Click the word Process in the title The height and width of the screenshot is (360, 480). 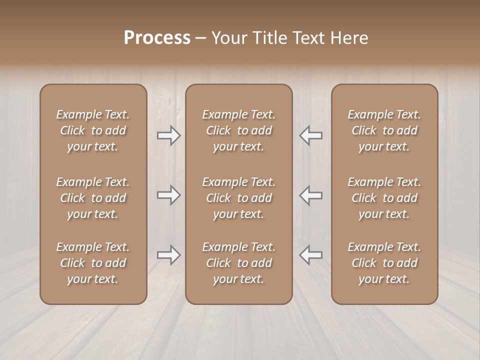pyautogui.click(x=157, y=38)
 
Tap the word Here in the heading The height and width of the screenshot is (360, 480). pyautogui.click(x=349, y=38)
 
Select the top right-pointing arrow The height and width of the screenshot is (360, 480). pyautogui.click(x=168, y=135)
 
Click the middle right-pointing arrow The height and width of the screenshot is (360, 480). pyautogui.click(x=168, y=195)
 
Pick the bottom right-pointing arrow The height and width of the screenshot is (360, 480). pyautogui.click(x=168, y=255)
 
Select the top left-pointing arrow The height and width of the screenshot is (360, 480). pyautogui.click(x=311, y=135)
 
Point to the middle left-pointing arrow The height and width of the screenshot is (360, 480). pyautogui.click(x=311, y=195)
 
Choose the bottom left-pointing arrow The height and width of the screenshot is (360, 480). pyautogui.click(x=311, y=255)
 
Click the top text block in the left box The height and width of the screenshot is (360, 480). pyautogui.click(x=93, y=130)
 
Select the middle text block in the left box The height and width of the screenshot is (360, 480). pyautogui.click(x=93, y=198)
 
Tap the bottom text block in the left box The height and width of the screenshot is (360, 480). pyautogui.click(x=93, y=263)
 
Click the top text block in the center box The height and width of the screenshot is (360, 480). pyautogui.click(x=238, y=130)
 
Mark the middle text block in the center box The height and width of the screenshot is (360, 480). pyautogui.click(x=238, y=198)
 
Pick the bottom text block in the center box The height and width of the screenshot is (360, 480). pyautogui.click(x=238, y=263)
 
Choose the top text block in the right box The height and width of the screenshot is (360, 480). pyautogui.click(x=384, y=130)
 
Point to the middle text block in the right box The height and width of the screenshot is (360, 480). pyautogui.click(x=384, y=198)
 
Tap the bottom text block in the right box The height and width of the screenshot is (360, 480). pyautogui.click(x=384, y=263)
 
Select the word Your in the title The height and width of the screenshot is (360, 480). pyautogui.click(x=228, y=38)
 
